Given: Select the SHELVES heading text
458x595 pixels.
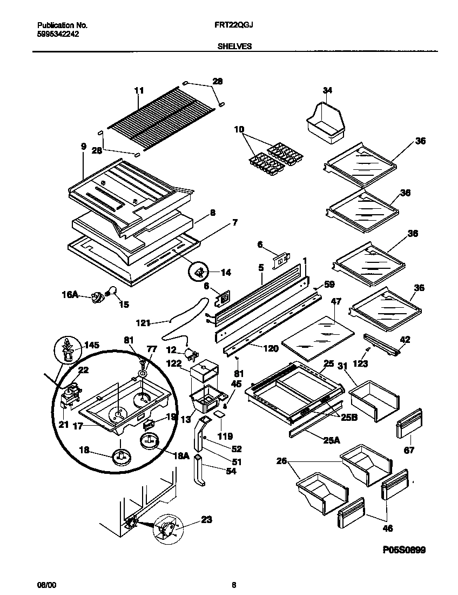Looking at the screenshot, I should [234, 47].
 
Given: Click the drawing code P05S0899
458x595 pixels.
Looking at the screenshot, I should [405, 550].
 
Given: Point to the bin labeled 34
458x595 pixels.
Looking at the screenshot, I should [324, 119].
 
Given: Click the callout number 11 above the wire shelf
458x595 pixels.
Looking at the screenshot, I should [139, 90].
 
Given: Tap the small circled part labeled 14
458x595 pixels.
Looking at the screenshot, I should [199, 272].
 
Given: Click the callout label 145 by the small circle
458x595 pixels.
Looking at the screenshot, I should [91, 345].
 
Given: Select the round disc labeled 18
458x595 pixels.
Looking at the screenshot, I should [120, 458].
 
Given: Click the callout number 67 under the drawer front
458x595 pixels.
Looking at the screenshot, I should [409, 450].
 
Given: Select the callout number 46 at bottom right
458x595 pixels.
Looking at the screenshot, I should [387, 528].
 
